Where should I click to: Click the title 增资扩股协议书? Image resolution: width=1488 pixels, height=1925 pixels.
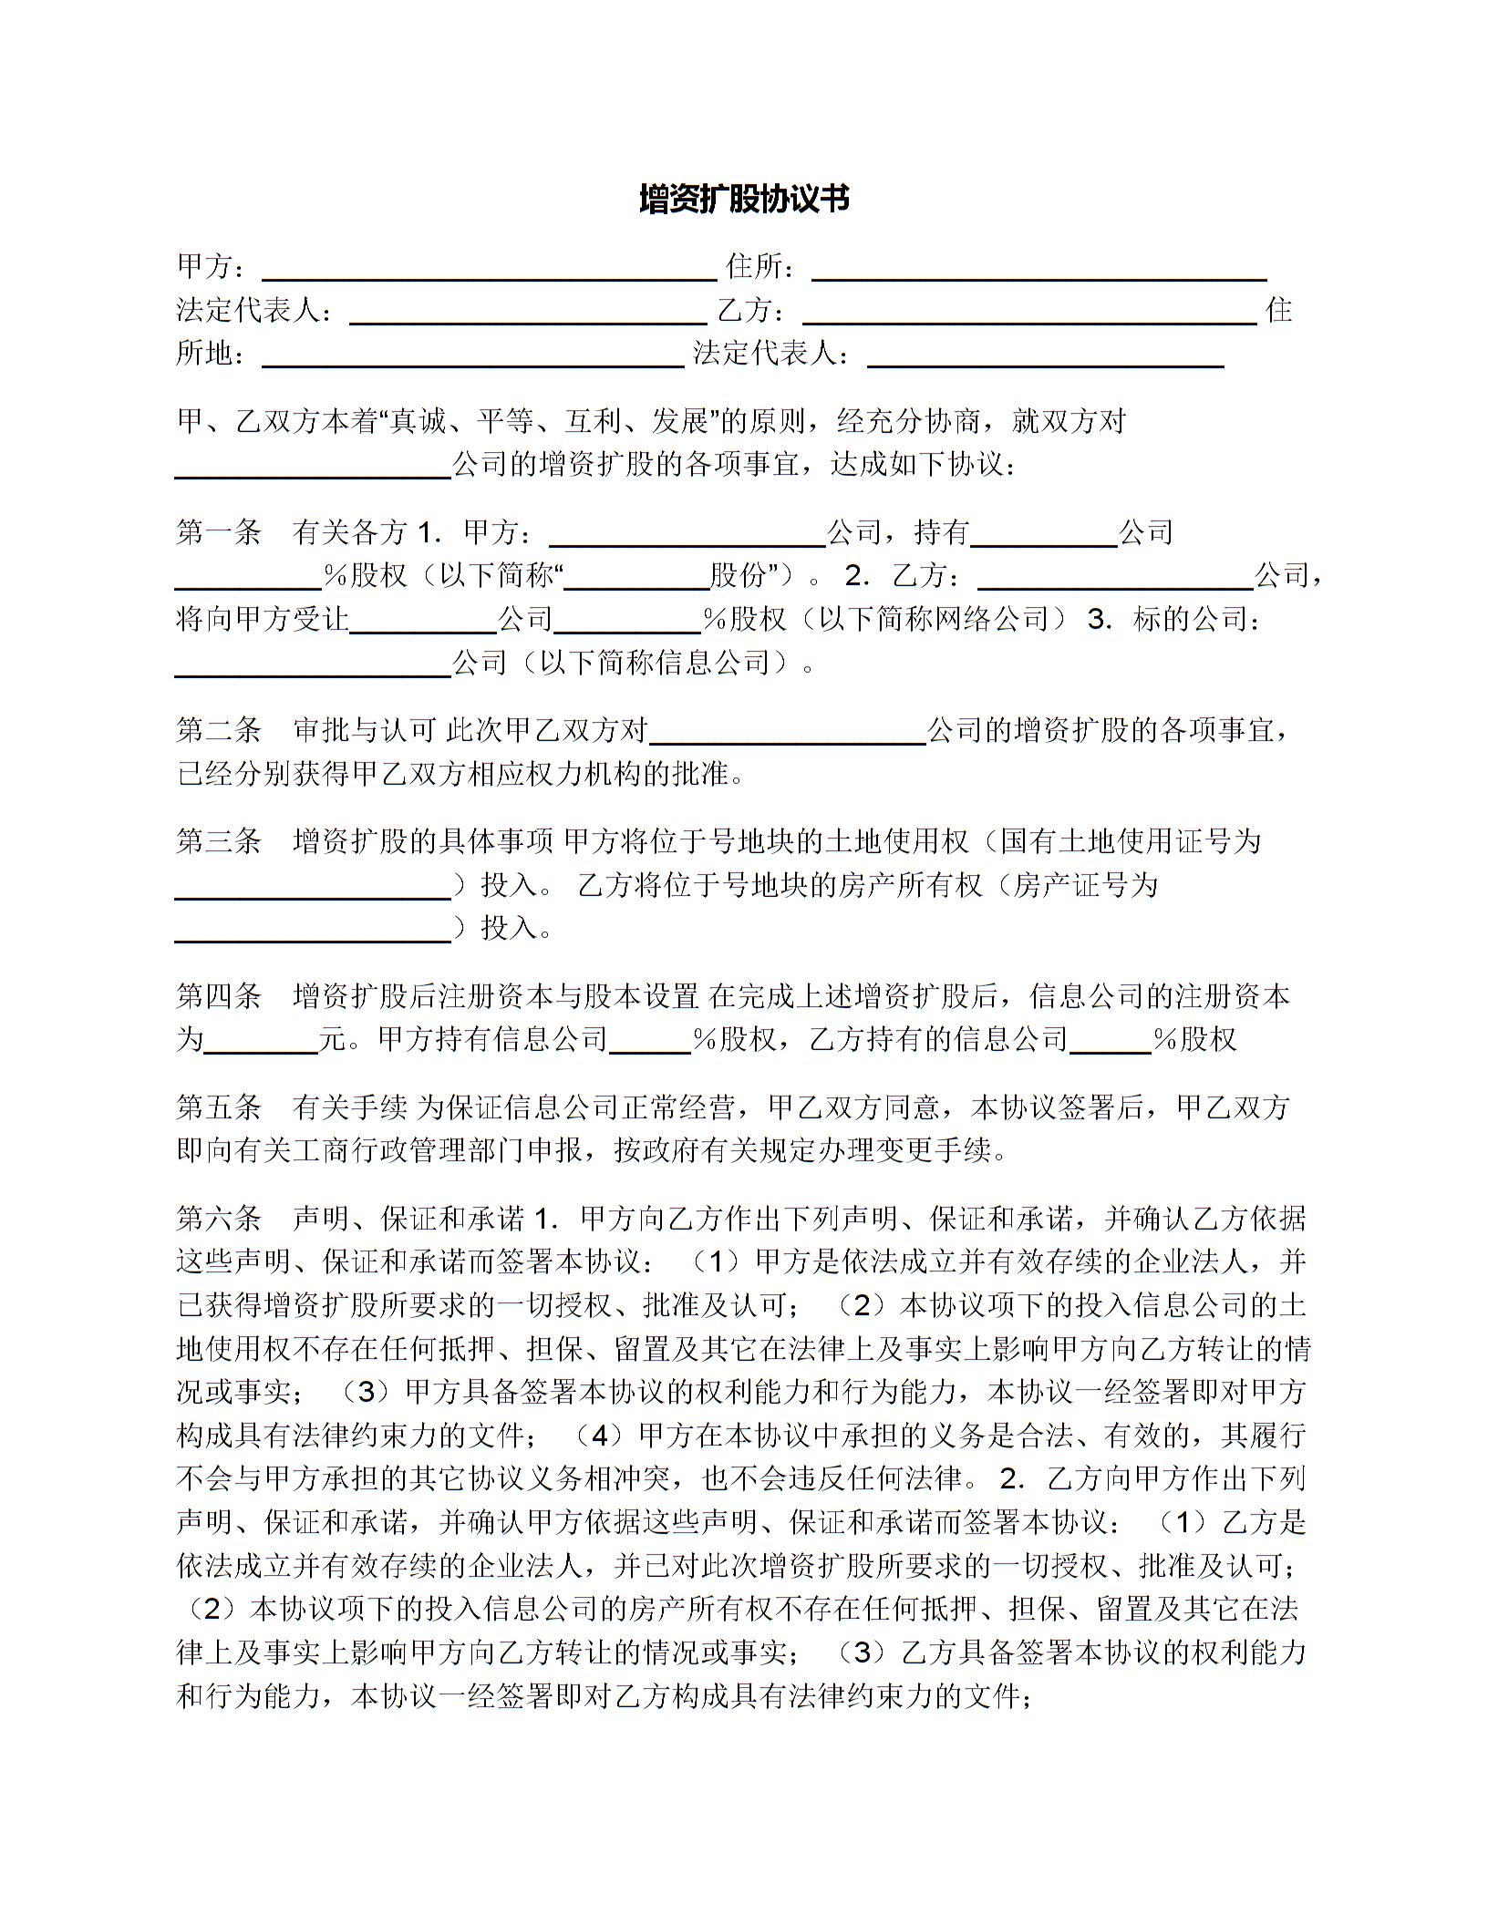[743, 199]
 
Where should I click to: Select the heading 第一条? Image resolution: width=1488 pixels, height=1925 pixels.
[219, 532]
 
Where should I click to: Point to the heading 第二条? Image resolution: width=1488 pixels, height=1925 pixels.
[219, 730]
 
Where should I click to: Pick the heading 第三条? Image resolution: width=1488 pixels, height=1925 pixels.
[219, 841]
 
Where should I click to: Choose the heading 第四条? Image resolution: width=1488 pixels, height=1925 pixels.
[219, 996]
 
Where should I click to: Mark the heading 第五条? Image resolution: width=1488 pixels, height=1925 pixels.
[219, 1107]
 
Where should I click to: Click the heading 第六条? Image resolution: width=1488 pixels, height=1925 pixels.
[219, 1219]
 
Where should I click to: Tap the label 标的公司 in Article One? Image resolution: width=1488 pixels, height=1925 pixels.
[1190, 620]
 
